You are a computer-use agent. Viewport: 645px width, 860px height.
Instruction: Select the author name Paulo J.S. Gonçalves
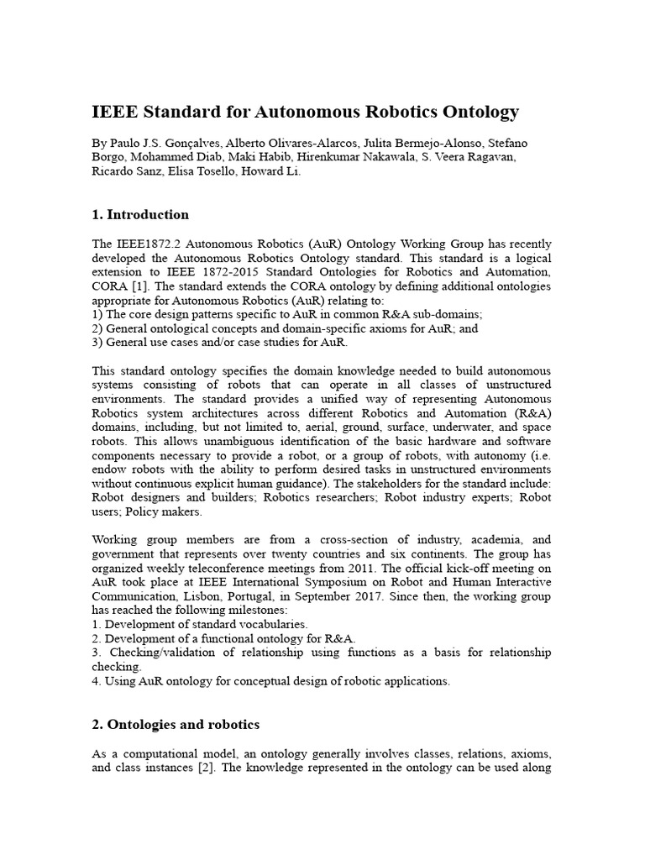[164, 144]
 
